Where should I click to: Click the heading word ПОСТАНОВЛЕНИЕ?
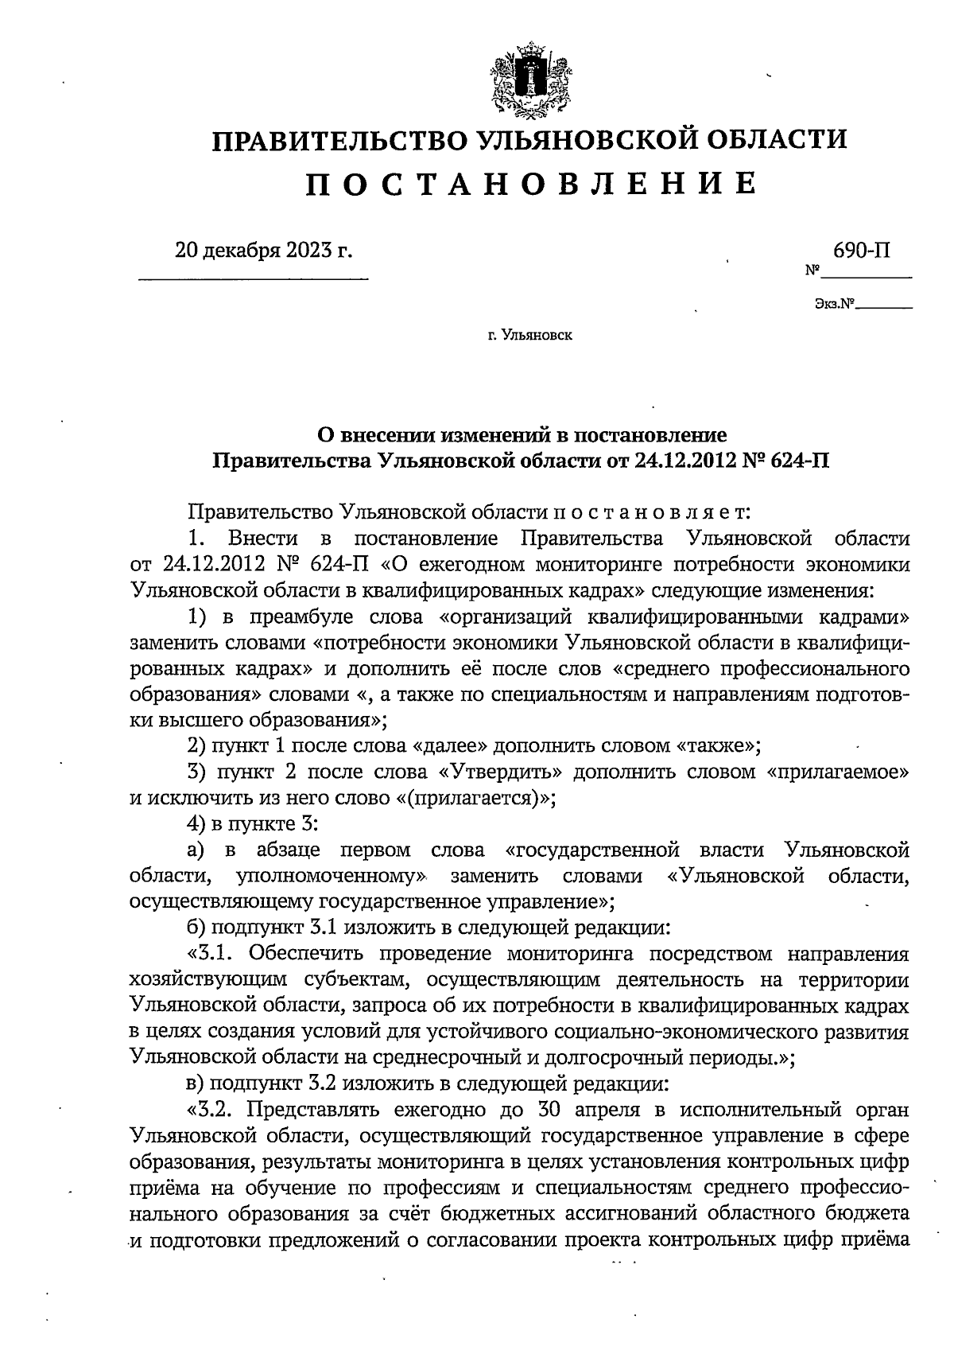click(x=531, y=184)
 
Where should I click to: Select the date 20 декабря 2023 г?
click(x=263, y=251)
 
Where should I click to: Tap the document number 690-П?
click(x=861, y=251)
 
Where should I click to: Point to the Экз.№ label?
click(x=834, y=303)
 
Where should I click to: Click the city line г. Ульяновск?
click(x=530, y=335)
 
